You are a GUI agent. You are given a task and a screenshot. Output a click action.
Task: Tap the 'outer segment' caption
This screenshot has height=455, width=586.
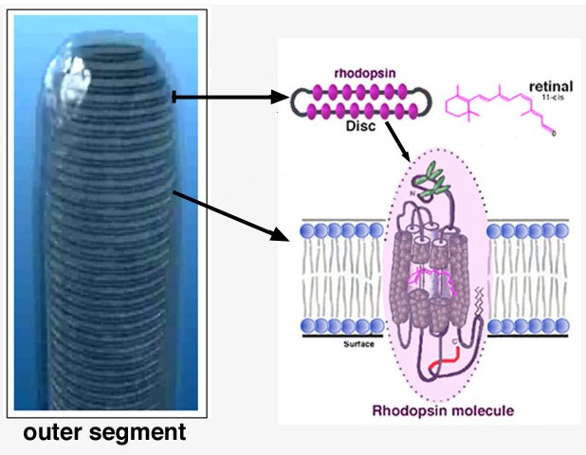(104, 433)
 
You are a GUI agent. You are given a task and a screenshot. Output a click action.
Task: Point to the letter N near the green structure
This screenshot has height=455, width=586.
(413, 192)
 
